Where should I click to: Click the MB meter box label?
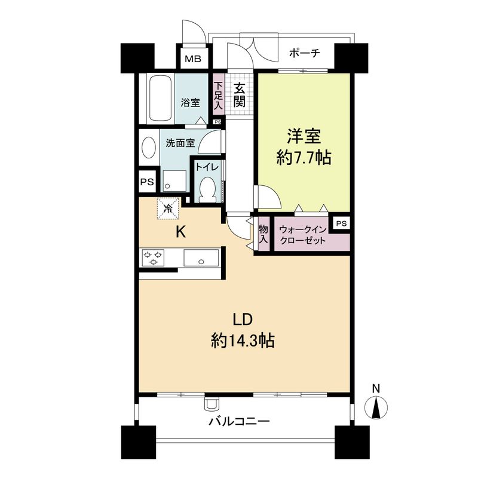pos(192,59)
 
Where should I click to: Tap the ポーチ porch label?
pos(305,53)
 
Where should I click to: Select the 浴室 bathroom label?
pos(191,102)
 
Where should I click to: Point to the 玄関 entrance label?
pos(239,96)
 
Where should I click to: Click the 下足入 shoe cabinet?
pos(218,96)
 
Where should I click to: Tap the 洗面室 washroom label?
pos(180,143)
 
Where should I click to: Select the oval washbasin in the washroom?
pos(148,148)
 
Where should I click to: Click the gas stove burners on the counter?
pos(154,258)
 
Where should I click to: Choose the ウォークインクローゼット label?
pos(302,235)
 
